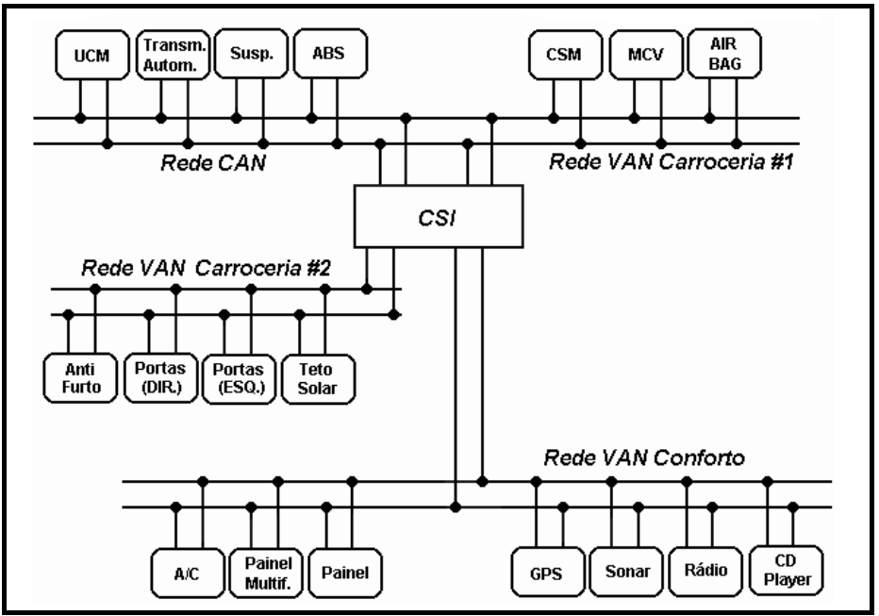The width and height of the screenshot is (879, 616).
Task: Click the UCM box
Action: (92, 58)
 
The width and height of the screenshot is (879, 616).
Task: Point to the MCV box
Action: (646, 58)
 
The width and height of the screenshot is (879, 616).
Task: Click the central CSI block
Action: (438, 217)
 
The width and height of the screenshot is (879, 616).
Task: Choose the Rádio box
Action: (700, 569)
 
